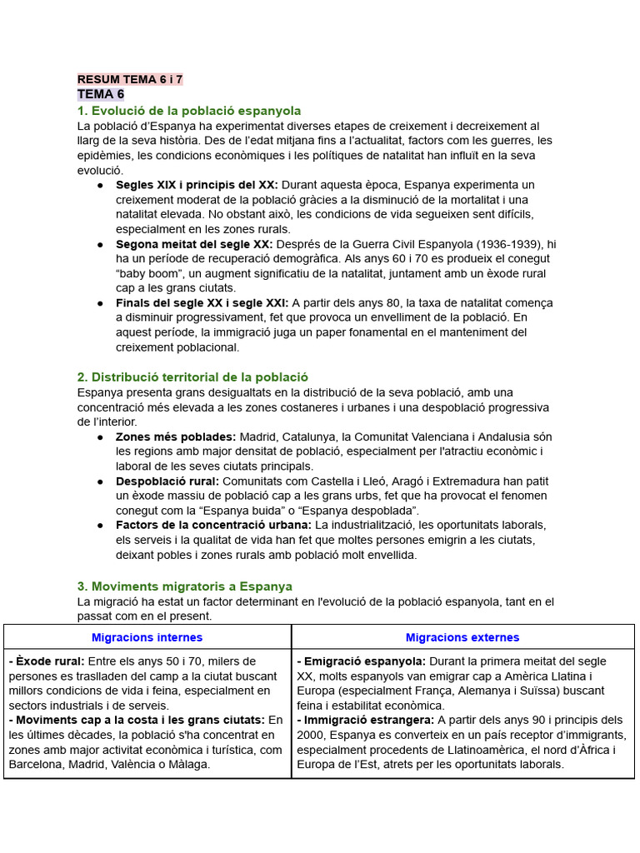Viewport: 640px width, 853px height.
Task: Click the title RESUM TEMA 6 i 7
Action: (130, 80)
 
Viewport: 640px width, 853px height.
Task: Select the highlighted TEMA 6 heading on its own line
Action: (101, 94)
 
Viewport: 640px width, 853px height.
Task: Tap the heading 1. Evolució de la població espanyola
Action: (189, 111)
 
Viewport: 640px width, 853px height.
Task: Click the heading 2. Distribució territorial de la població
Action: (192, 377)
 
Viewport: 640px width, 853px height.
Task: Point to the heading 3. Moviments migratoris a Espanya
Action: (185, 586)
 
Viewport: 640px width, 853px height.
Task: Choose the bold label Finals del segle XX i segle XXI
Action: (202, 303)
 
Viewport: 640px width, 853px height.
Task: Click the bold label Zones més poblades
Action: (176, 436)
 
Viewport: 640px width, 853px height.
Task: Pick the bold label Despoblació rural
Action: (167, 481)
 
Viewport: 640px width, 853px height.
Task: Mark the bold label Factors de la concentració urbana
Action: (213, 525)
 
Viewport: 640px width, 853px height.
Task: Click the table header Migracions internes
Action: (147, 637)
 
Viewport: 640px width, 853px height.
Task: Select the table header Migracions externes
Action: (462, 637)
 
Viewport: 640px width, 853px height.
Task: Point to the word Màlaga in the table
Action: (187, 764)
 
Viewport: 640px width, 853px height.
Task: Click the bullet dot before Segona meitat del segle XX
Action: (100, 244)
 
